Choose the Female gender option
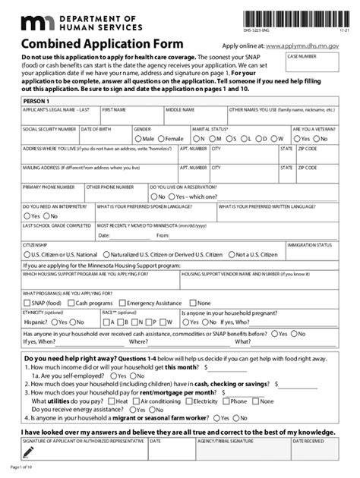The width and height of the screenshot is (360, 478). [163, 140]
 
